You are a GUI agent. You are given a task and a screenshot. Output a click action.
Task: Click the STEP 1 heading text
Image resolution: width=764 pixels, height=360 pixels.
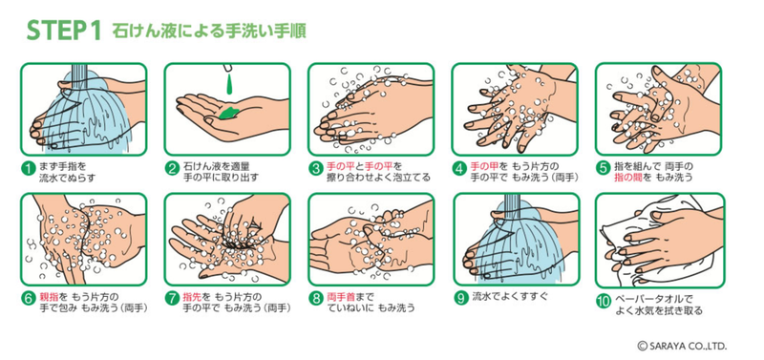pyautogui.click(x=64, y=32)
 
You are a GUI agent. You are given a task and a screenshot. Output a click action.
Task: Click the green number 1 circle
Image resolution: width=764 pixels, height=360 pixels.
pyautogui.click(x=29, y=169)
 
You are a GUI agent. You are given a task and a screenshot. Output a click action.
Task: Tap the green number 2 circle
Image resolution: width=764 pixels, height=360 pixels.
pyautogui.click(x=173, y=169)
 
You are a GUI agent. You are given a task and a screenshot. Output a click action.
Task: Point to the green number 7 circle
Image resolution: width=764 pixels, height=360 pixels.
pyautogui.click(x=173, y=299)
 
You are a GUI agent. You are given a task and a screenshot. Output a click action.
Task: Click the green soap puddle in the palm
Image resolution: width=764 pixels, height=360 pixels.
pyautogui.click(x=228, y=113)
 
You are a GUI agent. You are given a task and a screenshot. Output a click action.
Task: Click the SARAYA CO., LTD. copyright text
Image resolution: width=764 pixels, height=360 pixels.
pyautogui.click(x=682, y=347)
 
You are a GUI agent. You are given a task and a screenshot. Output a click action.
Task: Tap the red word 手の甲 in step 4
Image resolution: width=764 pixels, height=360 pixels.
pyautogui.click(x=483, y=165)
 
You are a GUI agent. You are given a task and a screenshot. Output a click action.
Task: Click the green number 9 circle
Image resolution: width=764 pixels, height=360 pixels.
pyautogui.click(x=460, y=298)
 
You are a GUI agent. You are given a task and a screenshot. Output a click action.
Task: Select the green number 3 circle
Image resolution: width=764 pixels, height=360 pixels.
pyautogui.click(x=316, y=169)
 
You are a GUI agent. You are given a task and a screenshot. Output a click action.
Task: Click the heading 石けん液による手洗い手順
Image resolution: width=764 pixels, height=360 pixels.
pyautogui.click(x=209, y=32)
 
